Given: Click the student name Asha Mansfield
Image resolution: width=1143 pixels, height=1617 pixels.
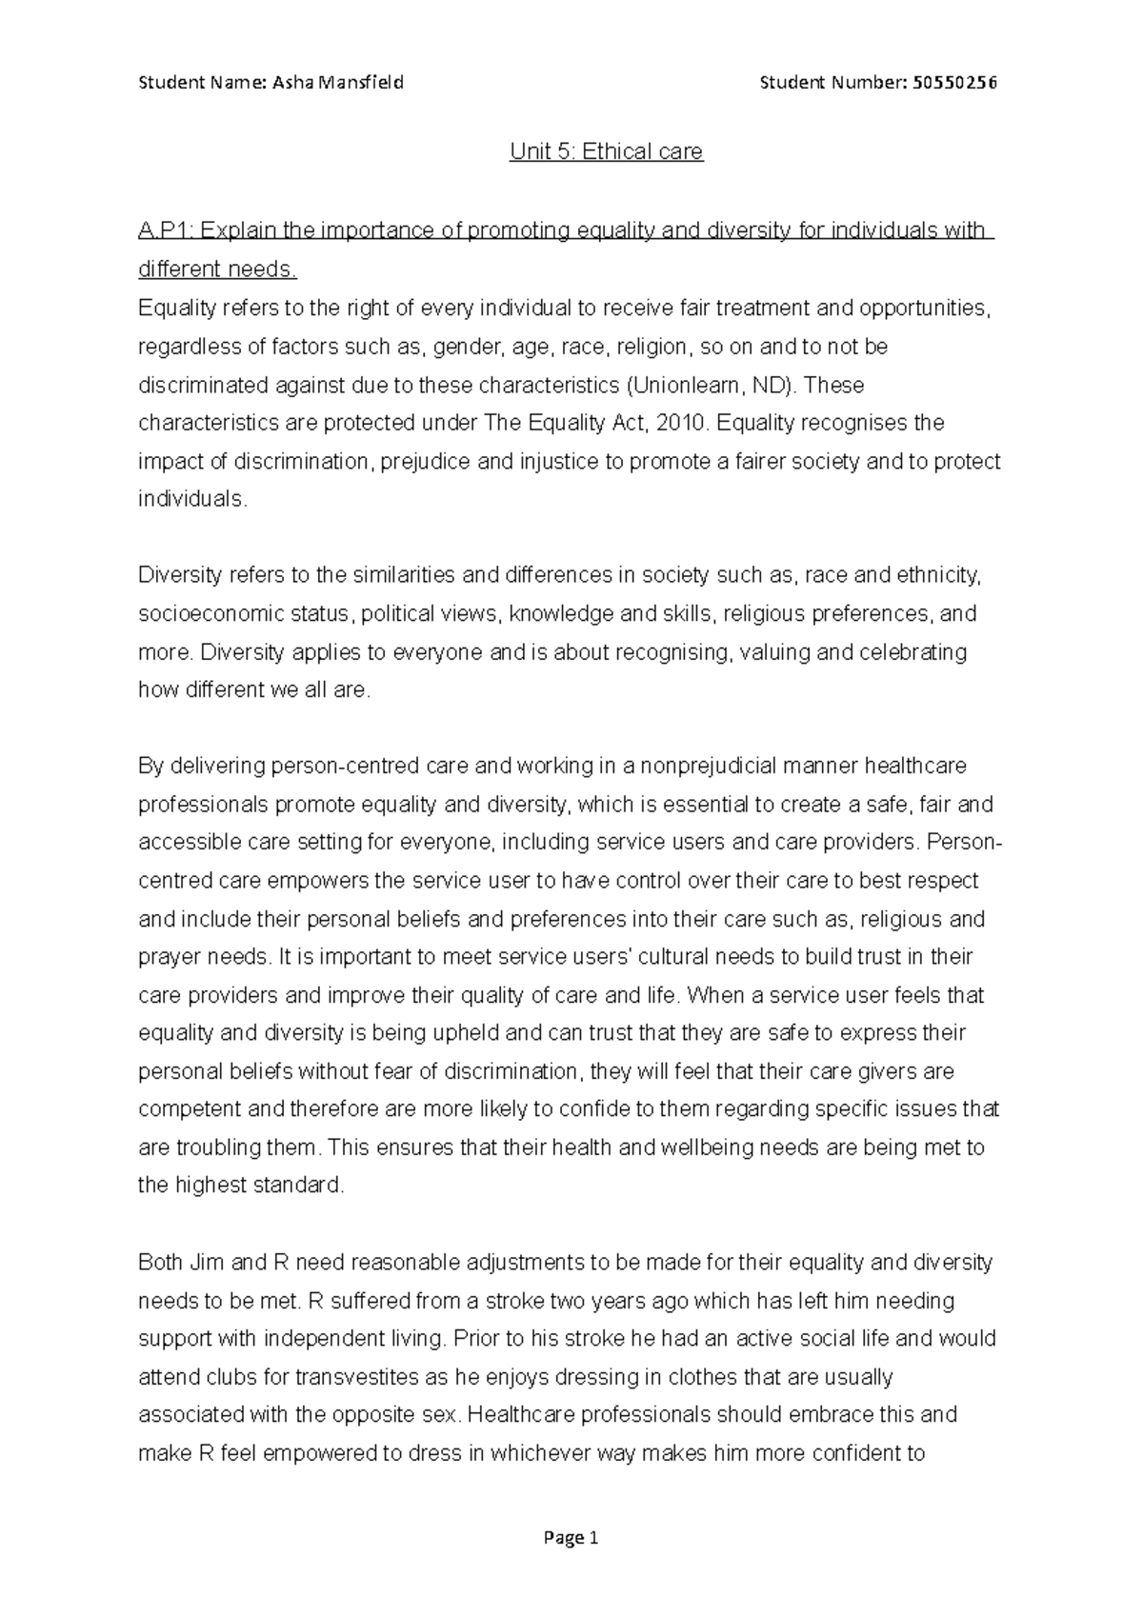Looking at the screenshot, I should point(338,82).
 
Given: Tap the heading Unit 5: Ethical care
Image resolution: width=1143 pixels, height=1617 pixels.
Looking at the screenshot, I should point(606,151).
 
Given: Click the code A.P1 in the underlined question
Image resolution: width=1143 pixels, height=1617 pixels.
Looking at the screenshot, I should point(164,230).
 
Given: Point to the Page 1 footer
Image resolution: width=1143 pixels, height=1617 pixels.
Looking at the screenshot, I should point(571,1538).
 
